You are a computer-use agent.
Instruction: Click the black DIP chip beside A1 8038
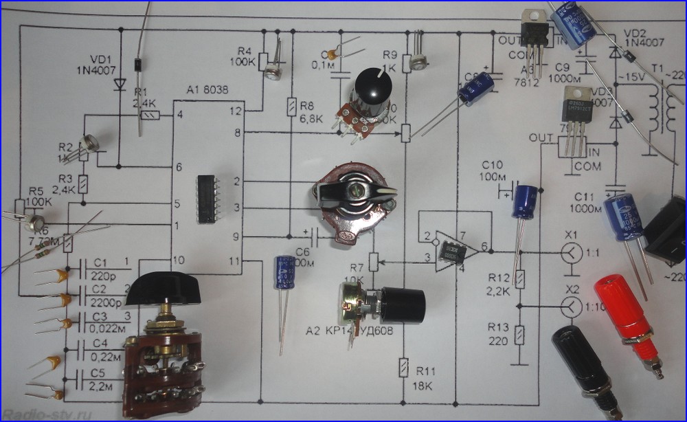pos(207,199)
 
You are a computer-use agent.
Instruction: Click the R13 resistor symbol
pos(520,334)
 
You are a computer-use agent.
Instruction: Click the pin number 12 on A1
pos(235,110)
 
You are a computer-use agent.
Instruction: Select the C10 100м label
pos(492,172)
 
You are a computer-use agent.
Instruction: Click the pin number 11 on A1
pos(235,260)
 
